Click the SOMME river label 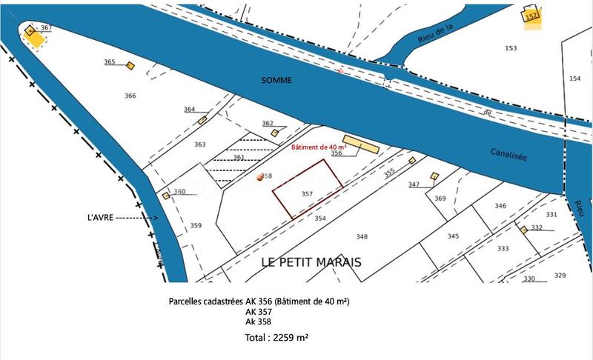click(x=276, y=79)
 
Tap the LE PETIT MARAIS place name click(x=312, y=262)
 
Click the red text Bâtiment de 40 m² click(x=317, y=148)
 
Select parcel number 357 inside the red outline click(x=308, y=193)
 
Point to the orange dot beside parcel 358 click(x=259, y=178)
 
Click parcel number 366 click(x=130, y=96)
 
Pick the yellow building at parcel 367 click(x=34, y=37)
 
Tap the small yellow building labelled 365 click(x=130, y=66)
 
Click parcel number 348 click(x=362, y=237)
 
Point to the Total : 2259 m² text click(x=276, y=337)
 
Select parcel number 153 click(x=511, y=48)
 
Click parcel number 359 click(x=196, y=225)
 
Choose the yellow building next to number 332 click(x=523, y=230)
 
